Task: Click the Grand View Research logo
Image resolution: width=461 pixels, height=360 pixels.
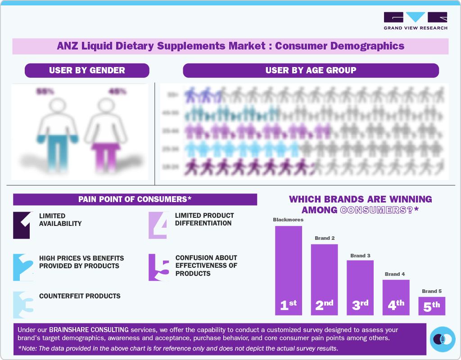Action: (415, 21)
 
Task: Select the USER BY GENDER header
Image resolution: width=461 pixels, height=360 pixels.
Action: (87, 70)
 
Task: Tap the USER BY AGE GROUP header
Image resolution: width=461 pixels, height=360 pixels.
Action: (311, 70)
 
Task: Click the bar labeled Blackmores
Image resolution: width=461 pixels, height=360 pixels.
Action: (289, 270)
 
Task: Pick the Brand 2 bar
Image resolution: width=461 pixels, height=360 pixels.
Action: (324, 279)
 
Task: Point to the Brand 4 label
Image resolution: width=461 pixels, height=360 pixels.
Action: (395, 274)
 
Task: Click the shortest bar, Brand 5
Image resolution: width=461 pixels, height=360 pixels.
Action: (432, 306)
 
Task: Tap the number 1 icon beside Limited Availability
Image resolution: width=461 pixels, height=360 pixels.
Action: (22, 225)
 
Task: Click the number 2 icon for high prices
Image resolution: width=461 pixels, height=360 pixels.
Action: (23, 267)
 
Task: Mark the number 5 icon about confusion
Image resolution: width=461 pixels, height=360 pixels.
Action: (159, 267)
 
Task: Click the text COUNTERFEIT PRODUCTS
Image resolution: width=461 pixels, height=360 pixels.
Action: (80, 296)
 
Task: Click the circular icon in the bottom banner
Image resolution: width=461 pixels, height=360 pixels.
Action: (443, 339)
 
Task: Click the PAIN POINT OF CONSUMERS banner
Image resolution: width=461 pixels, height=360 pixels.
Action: (135, 199)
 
